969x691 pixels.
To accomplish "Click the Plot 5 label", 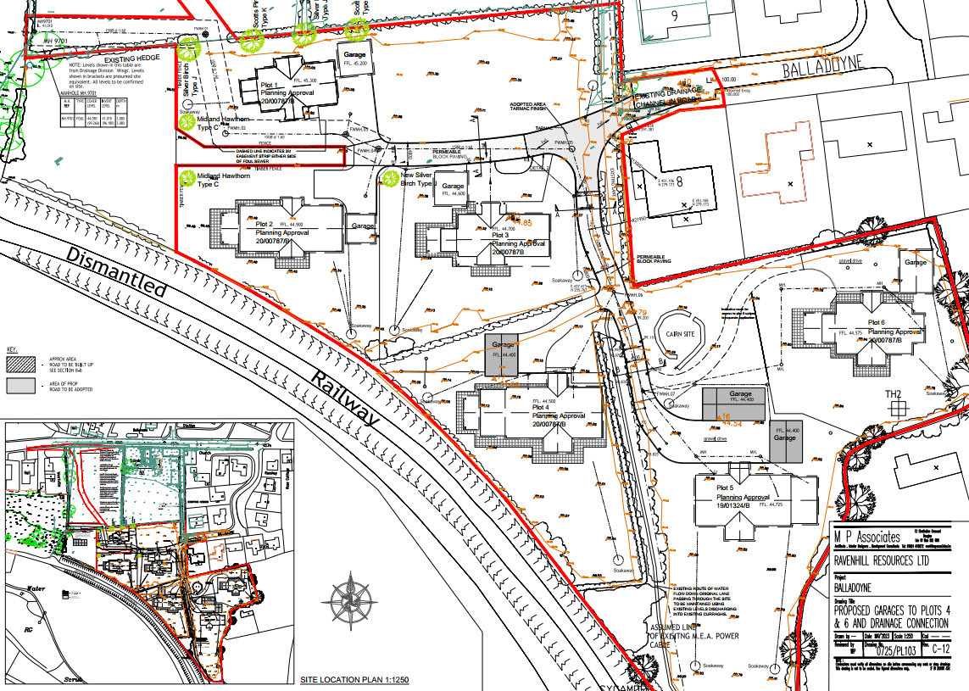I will [725, 488].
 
